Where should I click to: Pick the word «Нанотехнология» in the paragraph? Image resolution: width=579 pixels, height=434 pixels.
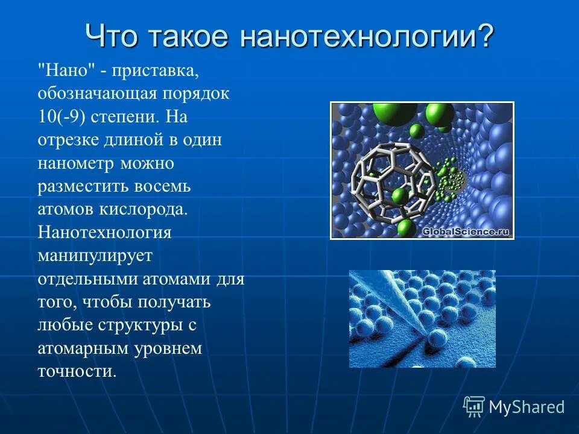point(105,232)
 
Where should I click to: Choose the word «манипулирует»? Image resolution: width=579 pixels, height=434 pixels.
point(95,255)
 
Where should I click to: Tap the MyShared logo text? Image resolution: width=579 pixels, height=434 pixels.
point(527,407)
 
